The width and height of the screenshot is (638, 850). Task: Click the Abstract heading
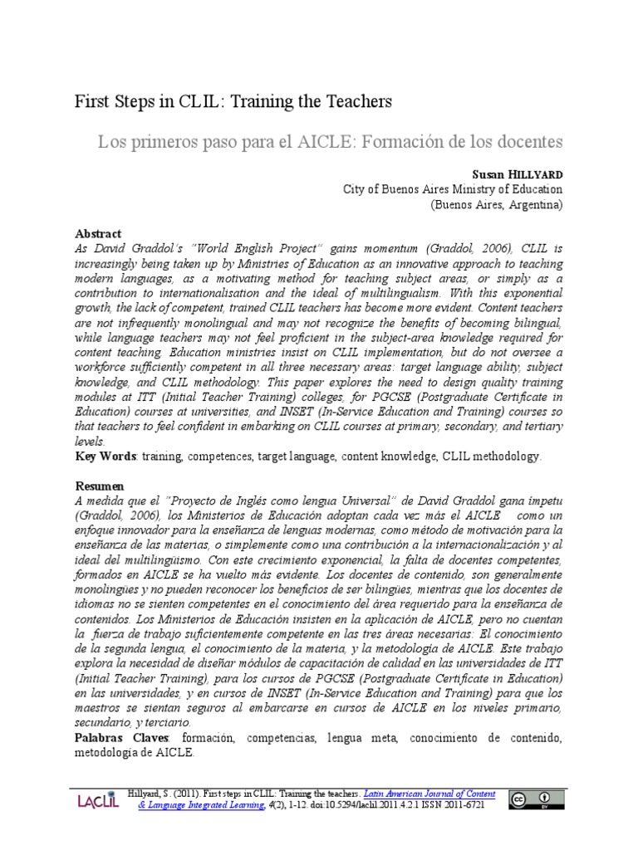(x=98, y=234)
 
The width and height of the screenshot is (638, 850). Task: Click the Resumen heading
(x=100, y=486)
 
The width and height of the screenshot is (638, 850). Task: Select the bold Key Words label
(x=107, y=457)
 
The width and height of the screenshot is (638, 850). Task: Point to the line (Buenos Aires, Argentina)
(x=496, y=204)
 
